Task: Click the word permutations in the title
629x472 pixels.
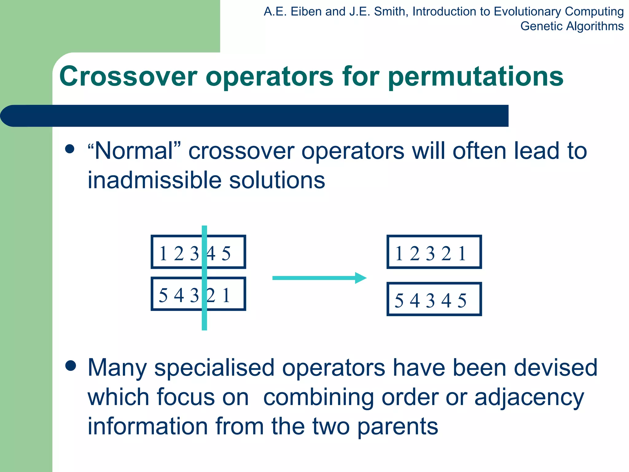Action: pyautogui.click(x=475, y=77)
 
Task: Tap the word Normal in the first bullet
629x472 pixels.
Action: pyautogui.click(x=134, y=151)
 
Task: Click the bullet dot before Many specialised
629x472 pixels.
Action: pyautogui.click(x=71, y=366)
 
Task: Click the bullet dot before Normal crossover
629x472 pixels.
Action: pyautogui.click(x=70, y=149)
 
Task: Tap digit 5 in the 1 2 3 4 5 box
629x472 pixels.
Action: pyautogui.click(x=226, y=254)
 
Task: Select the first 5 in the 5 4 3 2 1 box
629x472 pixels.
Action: pyautogui.click(x=163, y=296)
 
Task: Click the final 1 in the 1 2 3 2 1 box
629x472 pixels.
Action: pyautogui.click(x=462, y=254)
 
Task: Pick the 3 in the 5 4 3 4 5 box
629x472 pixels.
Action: pyautogui.click(x=430, y=301)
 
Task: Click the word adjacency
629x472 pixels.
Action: pyautogui.click(x=529, y=397)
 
